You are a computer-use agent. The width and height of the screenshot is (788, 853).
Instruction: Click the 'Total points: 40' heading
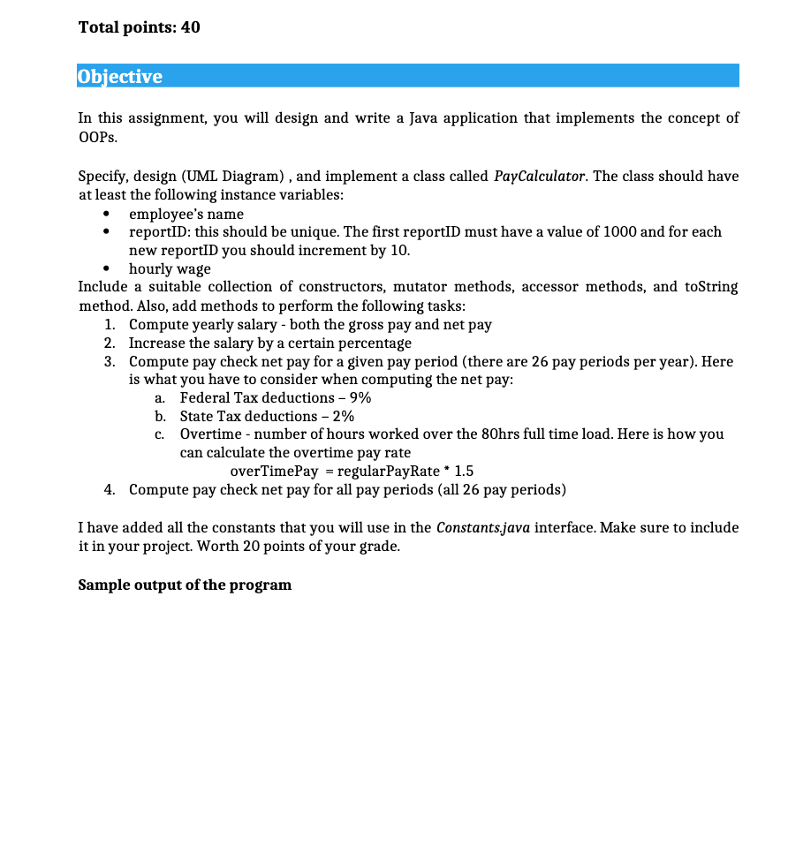tap(139, 27)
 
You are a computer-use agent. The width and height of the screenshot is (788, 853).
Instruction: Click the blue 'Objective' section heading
tap(120, 76)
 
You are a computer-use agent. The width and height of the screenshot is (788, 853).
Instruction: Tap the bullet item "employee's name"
tap(186, 214)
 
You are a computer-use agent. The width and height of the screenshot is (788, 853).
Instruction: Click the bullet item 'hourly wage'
tap(170, 268)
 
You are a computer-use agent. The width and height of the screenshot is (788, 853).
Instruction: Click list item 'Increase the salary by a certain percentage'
tap(270, 343)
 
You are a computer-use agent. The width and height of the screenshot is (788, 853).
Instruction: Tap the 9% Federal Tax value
tap(360, 397)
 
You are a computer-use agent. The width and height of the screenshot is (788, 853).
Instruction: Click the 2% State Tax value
tap(344, 416)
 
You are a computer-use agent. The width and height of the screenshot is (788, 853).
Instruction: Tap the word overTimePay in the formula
tap(273, 471)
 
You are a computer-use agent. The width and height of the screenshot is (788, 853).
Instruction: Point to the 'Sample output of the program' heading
tap(185, 585)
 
